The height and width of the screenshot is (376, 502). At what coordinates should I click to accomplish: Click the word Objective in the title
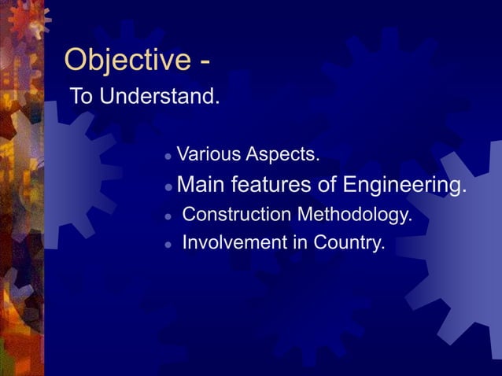pos(126,60)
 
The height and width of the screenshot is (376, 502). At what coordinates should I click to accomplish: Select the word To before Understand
pos(81,98)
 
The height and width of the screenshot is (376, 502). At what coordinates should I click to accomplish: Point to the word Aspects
pos(282,153)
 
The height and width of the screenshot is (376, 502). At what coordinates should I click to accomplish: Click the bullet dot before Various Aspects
pos(168,155)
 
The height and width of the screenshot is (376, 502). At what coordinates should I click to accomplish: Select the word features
pos(268,185)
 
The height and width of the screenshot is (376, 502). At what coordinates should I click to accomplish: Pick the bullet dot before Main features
pos(168,187)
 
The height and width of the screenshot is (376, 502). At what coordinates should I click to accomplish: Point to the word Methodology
pos(356,215)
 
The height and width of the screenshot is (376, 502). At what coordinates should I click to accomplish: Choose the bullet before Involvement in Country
pos(168,245)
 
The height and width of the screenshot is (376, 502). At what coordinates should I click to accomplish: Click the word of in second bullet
pos(325,185)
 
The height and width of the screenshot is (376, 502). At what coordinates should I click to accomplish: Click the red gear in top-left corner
pos(29,17)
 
